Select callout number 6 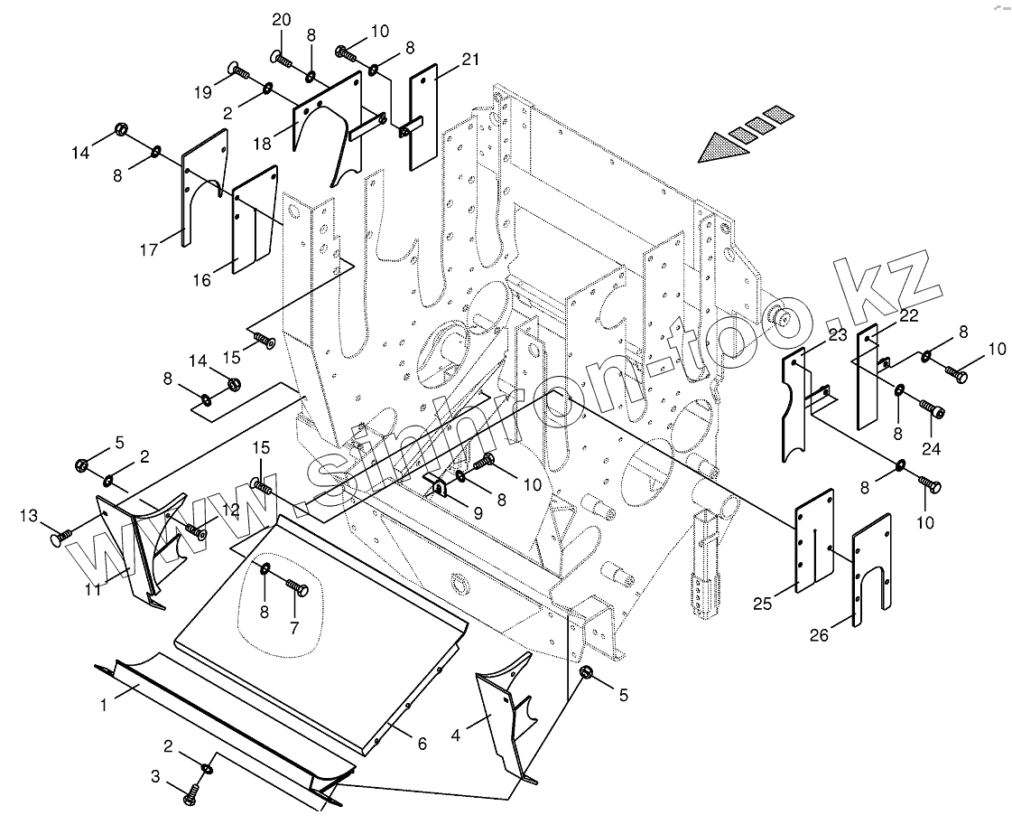(x=421, y=744)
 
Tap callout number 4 (x=456, y=736)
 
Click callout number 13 (x=29, y=516)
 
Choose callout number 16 (x=202, y=280)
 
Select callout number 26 (x=818, y=636)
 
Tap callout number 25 (x=763, y=604)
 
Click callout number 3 (x=155, y=775)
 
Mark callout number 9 (x=478, y=512)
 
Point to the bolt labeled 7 (x=297, y=588)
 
